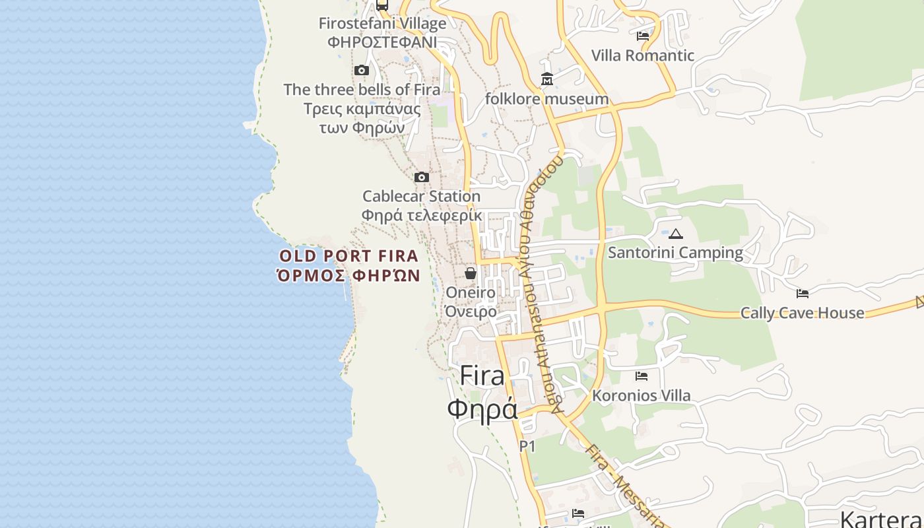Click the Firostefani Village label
point(382,24)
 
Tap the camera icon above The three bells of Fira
point(361,71)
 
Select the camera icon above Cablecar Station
point(421,178)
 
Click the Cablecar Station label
point(421,196)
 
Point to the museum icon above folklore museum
point(547,80)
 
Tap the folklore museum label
point(546,99)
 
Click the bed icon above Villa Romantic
point(643,36)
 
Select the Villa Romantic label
point(642,55)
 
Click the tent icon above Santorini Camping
point(675,234)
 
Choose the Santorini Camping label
point(675,253)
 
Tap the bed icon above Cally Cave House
point(803,294)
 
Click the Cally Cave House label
point(802,313)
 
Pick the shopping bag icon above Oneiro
point(471,273)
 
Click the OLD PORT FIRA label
point(348,256)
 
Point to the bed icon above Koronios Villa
point(642,376)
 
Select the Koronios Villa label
point(642,395)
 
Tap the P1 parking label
point(527,447)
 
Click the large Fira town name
point(482,376)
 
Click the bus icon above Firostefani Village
point(382,5)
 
